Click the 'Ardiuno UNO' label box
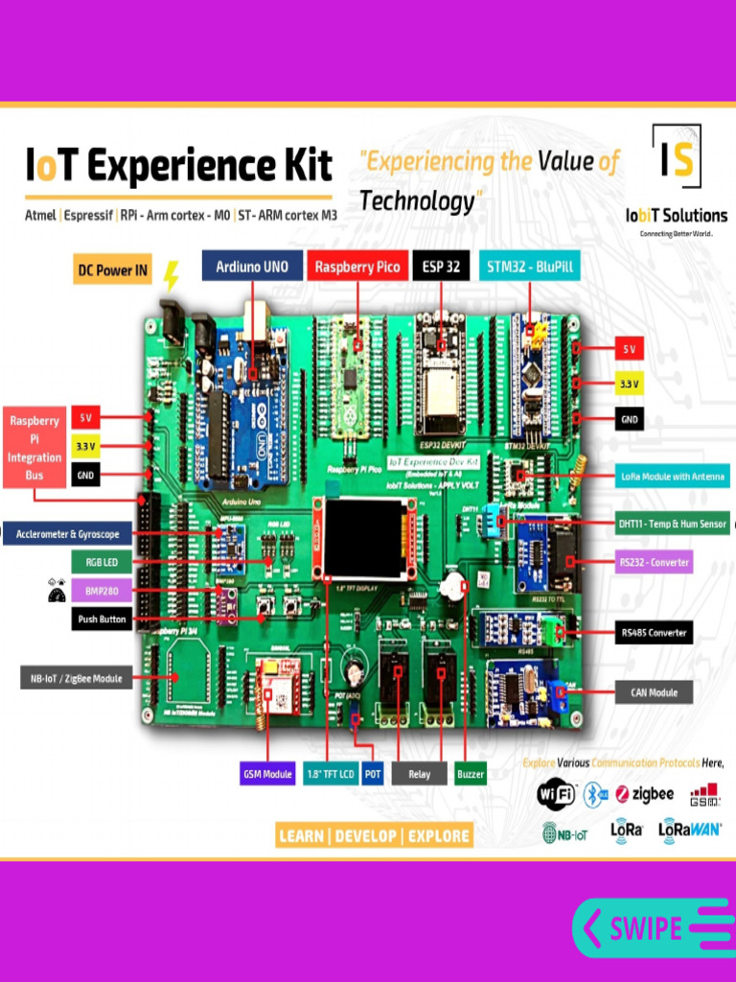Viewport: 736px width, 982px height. (251, 267)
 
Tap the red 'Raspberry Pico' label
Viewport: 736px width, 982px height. (357, 267)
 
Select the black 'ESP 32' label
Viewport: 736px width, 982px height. (441, 267)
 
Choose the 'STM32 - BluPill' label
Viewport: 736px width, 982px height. (530, 267)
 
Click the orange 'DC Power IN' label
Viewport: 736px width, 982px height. (113, 270)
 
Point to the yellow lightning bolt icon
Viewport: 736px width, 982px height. (171, 275)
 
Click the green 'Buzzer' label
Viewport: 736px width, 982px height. (470, 774)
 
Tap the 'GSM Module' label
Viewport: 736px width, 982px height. (267, 774)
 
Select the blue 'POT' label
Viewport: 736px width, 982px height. (373, 774)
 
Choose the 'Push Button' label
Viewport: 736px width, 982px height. (101, 620)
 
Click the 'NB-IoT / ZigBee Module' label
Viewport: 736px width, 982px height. (73, 678)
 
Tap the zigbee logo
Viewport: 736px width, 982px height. (645, 794)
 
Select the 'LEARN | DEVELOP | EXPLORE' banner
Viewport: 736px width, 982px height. (374, 835)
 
